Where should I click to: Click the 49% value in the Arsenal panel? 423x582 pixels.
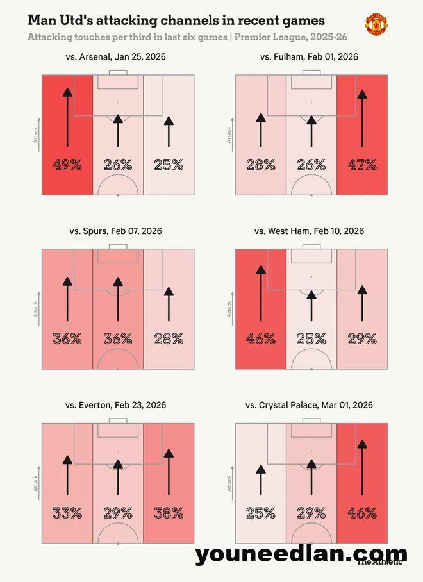coord(67,165)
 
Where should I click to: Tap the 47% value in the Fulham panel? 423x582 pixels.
coord(362,165)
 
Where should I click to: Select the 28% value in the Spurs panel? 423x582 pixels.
coord(169,338)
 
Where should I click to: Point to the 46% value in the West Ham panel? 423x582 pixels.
coord(260,338)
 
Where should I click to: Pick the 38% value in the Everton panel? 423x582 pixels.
coord(169,513)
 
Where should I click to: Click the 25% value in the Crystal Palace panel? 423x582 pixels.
coord(260,513)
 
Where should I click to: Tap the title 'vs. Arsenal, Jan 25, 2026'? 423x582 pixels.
coord(118,57)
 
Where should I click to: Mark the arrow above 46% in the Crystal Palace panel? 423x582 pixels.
coord(362,468)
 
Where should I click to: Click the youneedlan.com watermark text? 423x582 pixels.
coord(301,554)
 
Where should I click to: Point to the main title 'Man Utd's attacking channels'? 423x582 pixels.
coord(176,22)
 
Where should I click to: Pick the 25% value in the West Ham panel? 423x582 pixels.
coord(311,338)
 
